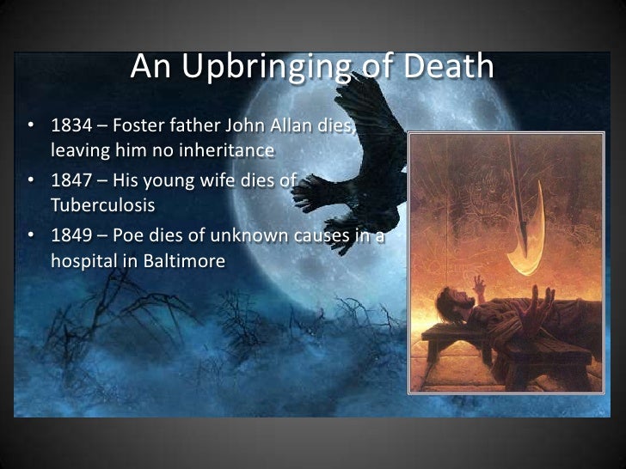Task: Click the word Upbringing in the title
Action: click(249, 66)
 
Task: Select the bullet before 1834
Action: click(32, 127)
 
